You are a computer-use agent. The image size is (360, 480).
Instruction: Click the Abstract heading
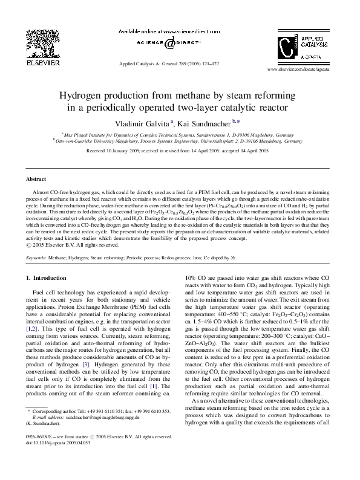(36, 180)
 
